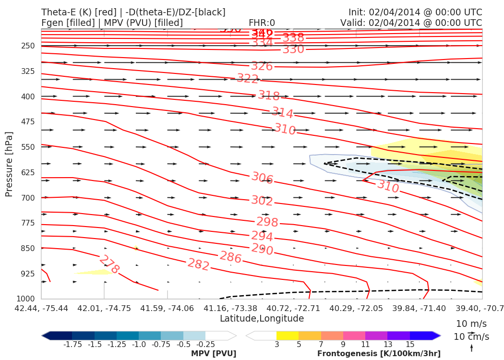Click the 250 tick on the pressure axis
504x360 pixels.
[x=28, y=46]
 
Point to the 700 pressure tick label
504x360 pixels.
[x=28, y=198]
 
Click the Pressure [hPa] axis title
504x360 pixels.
[x=9, y=164]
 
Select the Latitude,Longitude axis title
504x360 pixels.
[x=262, y=319]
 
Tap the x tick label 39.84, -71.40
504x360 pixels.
[x=420, y=307]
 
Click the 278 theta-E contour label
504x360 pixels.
[x=109, y=264]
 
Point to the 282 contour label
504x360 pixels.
[x=198, y=264]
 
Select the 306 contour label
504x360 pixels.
[x=263, y=178]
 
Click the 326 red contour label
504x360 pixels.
[x=262, y=66]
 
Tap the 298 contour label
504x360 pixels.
[x=267, y=222]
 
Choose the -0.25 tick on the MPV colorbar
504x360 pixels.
[x=205, y=344]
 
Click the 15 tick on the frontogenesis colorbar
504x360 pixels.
[x=410, y=344]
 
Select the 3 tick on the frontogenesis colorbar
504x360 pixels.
[x=277, y=344]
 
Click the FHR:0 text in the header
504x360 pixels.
[x=262, y=23]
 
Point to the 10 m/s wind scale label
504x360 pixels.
[x=471, y=324]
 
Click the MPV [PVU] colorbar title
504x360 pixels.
[x=213, y=354]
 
